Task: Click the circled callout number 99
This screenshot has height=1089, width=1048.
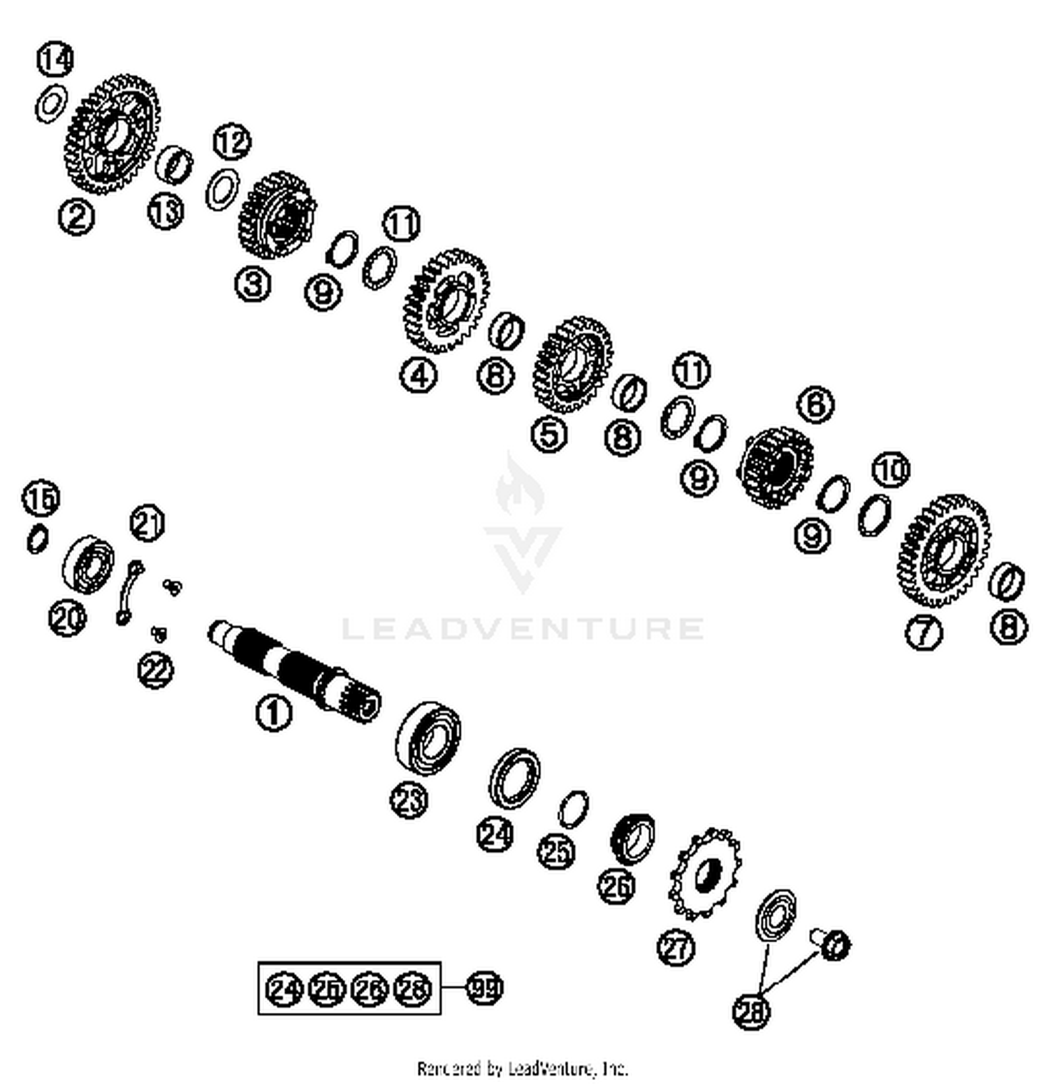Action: tap(484, 988)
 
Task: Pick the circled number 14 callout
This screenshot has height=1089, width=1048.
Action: tap(55, 59)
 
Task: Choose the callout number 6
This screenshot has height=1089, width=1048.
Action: tap(815, 405)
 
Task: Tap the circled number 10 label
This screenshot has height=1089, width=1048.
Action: tap(891, 470)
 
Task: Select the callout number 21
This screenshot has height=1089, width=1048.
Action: tap(147, 524)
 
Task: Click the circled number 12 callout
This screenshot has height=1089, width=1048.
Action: tap(232, 142)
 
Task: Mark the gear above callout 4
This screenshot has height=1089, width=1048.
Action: tap(446, 301)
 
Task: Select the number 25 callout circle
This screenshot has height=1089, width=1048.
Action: tap(555, 851)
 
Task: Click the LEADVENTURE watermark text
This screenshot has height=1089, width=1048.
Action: tap(523, 628)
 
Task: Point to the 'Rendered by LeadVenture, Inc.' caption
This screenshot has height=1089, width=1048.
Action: tap(523, 1069)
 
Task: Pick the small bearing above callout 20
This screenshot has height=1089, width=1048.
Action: tap(89, 563)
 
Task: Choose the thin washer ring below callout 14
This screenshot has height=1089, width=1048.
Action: tap(51, 105)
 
